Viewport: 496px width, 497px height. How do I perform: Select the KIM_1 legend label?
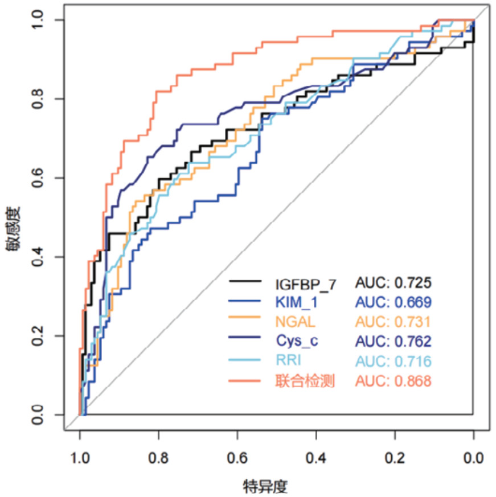click(x=293, y=302)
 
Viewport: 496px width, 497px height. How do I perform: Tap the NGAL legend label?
click(x=294, y=322)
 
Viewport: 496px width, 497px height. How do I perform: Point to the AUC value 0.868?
click(x=413, y=381)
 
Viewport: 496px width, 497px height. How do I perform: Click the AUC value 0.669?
click(x=413, y=302)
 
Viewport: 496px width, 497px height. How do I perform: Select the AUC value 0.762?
click(x=413, y=342)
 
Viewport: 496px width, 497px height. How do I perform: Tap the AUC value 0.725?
click(x=413, y=282)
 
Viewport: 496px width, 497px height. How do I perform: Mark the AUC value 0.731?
click(x=413, y=322)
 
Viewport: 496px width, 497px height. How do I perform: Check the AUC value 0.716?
click(x=413, y=362)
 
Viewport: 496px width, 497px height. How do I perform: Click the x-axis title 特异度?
click(x=265, y=486)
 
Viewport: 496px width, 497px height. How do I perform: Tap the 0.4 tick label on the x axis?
click(x=316, y=457)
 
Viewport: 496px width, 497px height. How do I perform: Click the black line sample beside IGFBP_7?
click(x=245, y=282)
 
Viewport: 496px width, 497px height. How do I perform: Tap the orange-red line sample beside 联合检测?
click(x=245, y=381)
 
